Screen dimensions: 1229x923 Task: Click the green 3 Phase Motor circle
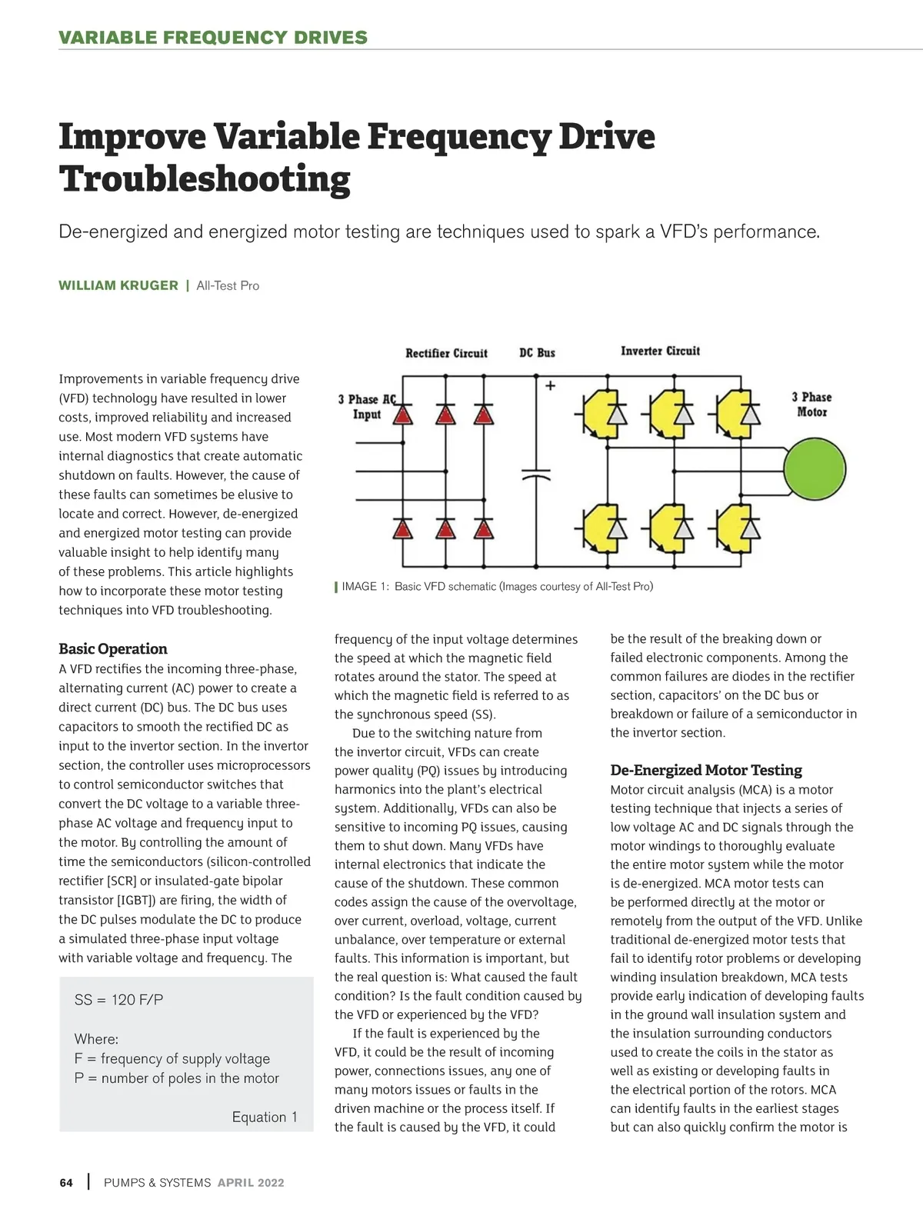[x=815, y=468]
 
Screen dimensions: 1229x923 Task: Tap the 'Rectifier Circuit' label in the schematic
[x=446, y=353]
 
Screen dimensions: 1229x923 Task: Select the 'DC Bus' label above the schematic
[x=537, y=352]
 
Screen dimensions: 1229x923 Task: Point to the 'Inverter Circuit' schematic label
[x=660, y=351]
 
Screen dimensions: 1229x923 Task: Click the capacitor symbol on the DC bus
[x=536, y=472]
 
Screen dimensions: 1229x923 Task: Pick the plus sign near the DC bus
[x=551, y=385]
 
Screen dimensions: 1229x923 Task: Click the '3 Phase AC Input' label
[x=367, y=407]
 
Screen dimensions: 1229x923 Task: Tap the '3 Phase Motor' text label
[x=811, y=405]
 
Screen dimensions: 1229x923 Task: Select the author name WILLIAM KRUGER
[x=118, y=285]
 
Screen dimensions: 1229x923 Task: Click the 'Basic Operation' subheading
[x=113, y=648]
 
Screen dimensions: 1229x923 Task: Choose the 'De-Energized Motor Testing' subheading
[x=705, y=770]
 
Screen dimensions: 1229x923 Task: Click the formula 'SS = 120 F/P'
[x=118, y=1000]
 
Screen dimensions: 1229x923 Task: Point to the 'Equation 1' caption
[x=265, y=1117]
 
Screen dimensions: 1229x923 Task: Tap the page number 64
[x=66, y=1183]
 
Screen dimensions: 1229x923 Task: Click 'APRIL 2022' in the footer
[x=251, y=1183]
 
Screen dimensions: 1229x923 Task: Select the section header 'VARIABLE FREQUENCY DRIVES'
[x=213, y=37]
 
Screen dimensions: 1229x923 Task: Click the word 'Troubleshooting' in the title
[x=205, y=178]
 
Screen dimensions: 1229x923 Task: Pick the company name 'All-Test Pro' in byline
[x=228, y=285]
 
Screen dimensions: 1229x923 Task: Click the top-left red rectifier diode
[x=403, y=415]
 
